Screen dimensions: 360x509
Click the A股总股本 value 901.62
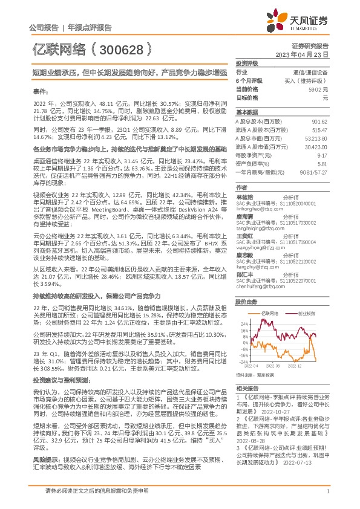tap(321, 122)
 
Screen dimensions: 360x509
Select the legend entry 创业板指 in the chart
tap(306, 314)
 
